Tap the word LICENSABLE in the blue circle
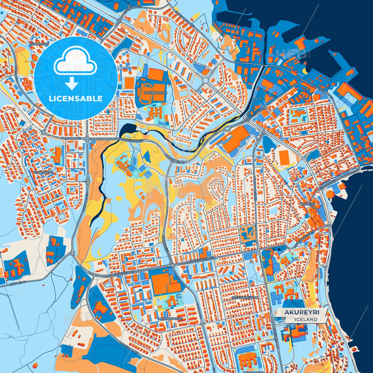click(76, 99)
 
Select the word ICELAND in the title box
click(306, 319)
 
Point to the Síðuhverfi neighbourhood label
click(39, 44)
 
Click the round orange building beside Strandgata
click(330, 194)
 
